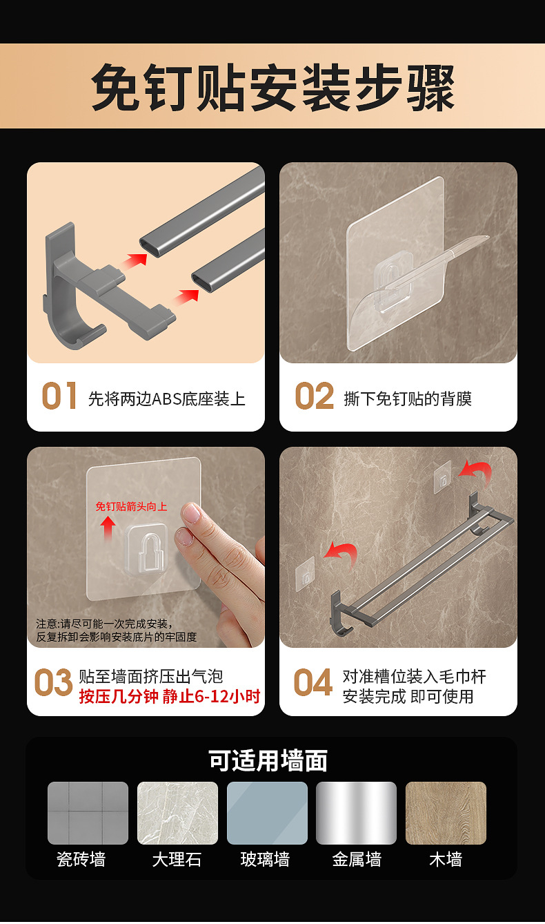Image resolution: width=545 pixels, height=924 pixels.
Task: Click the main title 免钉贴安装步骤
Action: (272, 88)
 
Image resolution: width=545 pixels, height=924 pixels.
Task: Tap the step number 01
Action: (59, 396)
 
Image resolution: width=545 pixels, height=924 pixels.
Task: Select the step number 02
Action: (314, 396)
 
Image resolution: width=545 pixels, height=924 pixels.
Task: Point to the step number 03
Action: (53, 683)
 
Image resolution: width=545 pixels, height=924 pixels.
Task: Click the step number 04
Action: (313, 683)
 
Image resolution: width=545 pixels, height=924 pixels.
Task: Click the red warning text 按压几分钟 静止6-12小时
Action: (170, 696)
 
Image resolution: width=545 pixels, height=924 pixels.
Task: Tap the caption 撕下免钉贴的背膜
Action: (408, 398)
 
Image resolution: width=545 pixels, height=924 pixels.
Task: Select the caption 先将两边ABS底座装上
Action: (167, 398)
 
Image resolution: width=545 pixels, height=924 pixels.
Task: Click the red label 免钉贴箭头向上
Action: (131, 506)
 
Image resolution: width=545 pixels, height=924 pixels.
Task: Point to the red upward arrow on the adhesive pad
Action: (108, 529)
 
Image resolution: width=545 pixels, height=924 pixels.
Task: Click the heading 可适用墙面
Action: (268, 760)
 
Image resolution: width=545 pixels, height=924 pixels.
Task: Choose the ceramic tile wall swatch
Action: (88, 813)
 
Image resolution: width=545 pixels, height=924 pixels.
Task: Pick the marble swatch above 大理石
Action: (177, 813)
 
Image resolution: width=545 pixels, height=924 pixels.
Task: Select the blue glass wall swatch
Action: (267, 813)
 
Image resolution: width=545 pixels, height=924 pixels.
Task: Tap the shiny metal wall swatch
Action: (356, 813)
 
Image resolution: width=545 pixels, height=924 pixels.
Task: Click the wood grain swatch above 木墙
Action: (446, 813)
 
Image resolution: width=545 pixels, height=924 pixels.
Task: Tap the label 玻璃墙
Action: (265, 859)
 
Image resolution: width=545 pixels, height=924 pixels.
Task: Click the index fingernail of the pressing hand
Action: (191, 513)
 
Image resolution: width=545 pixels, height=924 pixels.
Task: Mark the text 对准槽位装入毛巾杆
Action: (414, 676)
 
